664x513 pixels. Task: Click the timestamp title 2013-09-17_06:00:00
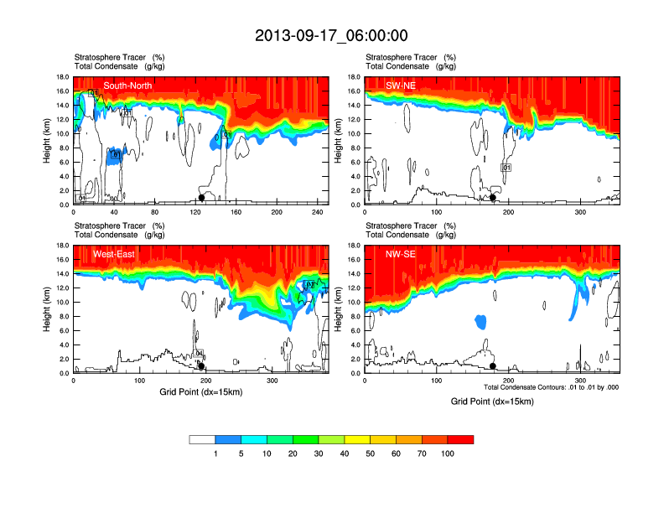[331, 35]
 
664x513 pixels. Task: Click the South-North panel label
[128, 85]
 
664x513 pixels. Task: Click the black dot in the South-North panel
[201, 198]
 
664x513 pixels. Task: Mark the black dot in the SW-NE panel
[493, 198]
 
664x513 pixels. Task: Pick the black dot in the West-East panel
[201, 366]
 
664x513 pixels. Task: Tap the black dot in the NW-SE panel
[493, 366]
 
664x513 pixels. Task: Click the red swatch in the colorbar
[460, 439]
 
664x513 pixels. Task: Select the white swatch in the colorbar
[202, 439]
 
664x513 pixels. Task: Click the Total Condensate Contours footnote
[551, 387]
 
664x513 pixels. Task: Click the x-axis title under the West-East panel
[200, 391]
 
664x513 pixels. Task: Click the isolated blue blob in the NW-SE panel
[480, 321]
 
